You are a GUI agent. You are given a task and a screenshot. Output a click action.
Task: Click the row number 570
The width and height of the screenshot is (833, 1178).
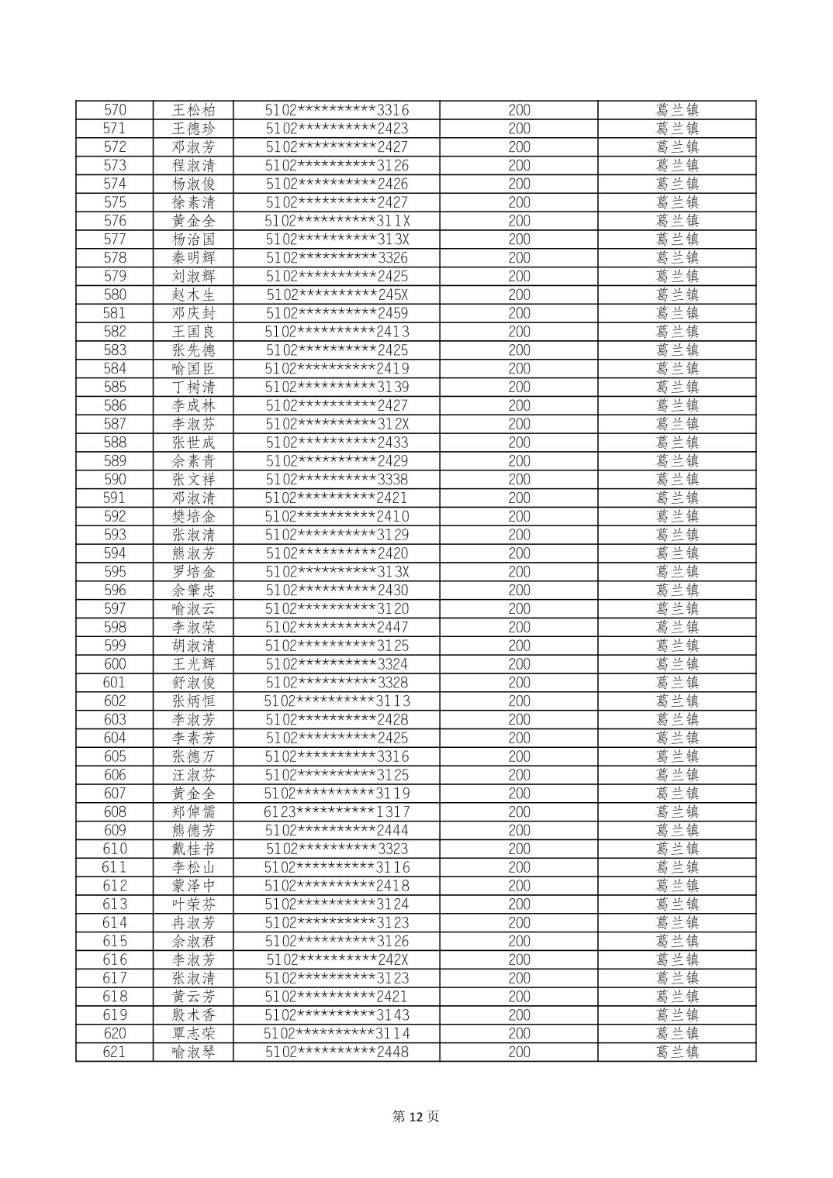point(115,110)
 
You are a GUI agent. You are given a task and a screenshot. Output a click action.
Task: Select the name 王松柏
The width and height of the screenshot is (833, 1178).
point(193,110)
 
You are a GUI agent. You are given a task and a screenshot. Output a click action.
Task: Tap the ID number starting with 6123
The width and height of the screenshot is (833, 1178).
point(337,811)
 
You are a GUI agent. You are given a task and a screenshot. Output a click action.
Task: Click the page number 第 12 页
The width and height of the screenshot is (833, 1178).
point(416,1116)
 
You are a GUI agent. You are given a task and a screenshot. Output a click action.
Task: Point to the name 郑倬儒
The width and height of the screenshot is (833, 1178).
point(193,811)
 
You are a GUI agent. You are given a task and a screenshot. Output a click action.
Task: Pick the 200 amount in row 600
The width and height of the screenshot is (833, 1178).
point(519,664)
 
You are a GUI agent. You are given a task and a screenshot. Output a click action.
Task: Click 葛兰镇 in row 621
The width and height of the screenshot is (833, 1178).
point(677,1052)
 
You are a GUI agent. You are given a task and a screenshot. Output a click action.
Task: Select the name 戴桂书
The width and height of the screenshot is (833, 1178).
point(193,849)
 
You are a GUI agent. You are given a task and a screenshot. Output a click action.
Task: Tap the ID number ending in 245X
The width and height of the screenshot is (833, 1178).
point(337,294)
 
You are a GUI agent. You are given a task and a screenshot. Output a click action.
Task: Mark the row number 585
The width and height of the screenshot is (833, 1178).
point(115,387)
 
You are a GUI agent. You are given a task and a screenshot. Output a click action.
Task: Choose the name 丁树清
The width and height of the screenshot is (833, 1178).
point(193,387)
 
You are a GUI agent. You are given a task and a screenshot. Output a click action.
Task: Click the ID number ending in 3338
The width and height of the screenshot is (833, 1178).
point(337,479)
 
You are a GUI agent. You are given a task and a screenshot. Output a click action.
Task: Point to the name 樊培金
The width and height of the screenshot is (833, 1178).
point(193,516)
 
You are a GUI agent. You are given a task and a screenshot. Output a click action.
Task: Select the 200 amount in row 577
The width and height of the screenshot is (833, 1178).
point(519,239)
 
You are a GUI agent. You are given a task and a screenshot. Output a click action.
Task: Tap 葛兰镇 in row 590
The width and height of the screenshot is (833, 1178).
point(677,479)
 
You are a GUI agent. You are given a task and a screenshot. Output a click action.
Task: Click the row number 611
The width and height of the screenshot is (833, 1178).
point(115,867)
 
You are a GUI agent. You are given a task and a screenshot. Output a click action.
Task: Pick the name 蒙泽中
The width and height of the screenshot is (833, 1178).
point(193,886)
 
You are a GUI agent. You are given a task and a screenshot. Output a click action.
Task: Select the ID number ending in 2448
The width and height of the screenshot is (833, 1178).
point(337,1052)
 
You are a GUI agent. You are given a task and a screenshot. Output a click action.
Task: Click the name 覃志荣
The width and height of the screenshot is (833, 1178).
point(193,1033)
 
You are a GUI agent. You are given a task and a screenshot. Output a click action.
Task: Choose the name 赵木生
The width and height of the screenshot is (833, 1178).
point(193,294)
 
